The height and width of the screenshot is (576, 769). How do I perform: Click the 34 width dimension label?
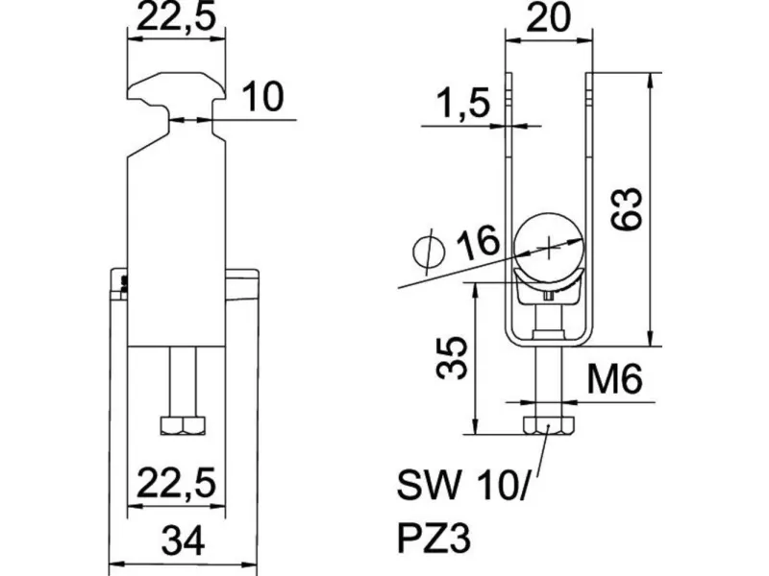(183, 540)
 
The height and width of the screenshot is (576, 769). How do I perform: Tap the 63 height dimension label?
(627, 208)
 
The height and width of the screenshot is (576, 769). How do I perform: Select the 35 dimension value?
(451, 358)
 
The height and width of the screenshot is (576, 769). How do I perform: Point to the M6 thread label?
(614, 378)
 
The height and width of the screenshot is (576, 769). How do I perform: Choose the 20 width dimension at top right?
(548, 17)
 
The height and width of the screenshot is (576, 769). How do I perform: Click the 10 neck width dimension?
(263, 97)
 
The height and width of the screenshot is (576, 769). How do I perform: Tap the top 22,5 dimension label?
(176, 17)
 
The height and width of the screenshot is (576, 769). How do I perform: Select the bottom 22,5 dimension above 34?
(176, 483)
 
